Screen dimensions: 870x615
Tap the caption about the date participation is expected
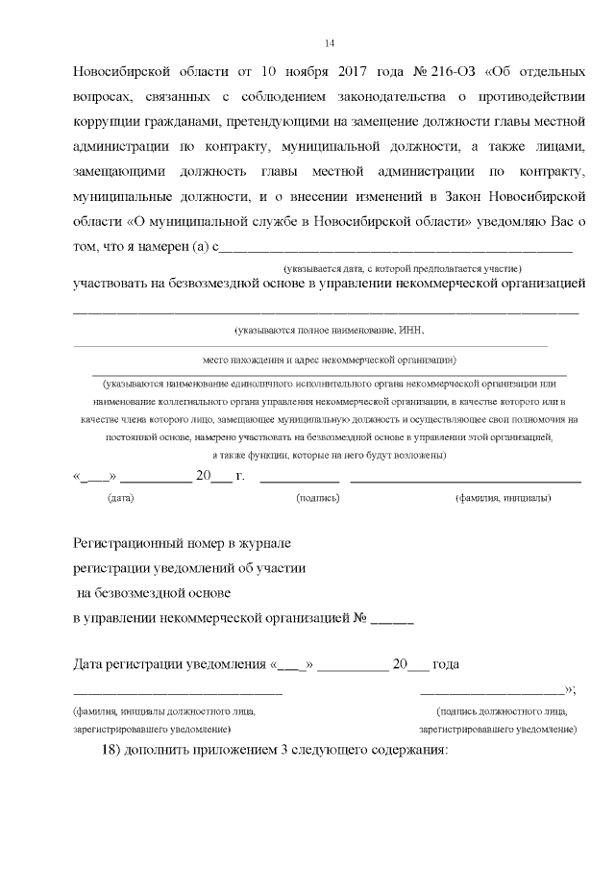(x=402, y=268)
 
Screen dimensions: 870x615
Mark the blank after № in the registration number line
(x=392, y=620)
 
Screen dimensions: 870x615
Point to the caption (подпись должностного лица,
(x=502, y=712)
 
